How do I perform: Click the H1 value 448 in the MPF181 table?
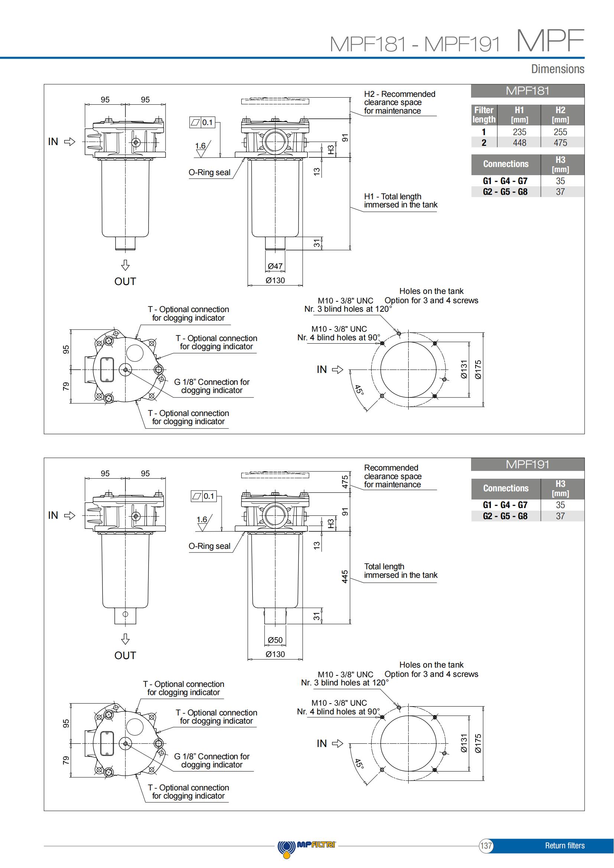(x=519, y=143)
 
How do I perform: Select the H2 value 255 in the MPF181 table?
(x=560, y=132)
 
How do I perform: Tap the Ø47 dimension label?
(x=275, y=266)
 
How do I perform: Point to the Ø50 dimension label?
(x=275, y=640)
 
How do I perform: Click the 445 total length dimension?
(x=344, y=577)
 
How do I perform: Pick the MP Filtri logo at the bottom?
(x=307, y=846)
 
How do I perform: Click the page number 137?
(x=486, y=846)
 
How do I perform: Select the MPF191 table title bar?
(x=528, y=464)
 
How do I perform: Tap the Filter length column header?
(x=484, y=115)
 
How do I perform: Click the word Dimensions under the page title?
(x=558, y=69)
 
